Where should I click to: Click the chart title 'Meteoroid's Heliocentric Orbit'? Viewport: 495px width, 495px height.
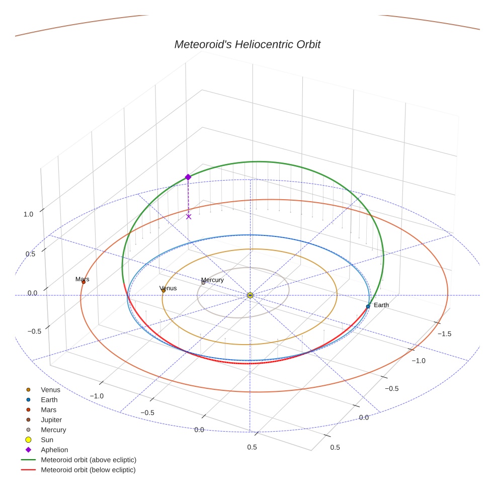tap(247, 44)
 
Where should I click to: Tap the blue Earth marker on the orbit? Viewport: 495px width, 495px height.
tap(368, 306)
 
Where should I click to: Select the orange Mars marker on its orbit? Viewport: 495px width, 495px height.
tap(84, 282)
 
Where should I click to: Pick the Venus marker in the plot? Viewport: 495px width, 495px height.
tap(163, 290)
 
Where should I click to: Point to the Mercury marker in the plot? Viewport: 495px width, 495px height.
tap(203, 283)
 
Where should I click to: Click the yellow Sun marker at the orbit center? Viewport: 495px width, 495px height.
tap(250, 295)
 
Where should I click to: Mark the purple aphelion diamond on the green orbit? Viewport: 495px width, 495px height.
tap(188, 177)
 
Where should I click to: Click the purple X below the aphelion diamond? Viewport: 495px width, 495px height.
tap(189, 217)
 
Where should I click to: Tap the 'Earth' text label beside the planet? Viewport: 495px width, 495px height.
tap(381, 305)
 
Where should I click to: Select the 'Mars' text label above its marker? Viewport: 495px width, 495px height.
tap(82, 279)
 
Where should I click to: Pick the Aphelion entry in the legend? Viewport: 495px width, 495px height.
tap(54, 450)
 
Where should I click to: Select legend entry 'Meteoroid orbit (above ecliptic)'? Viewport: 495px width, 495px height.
tap(88, 460)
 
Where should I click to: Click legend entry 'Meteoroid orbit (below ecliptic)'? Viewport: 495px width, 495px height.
tap(88, 470)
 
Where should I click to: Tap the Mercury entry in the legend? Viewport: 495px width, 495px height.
tap(53, 430)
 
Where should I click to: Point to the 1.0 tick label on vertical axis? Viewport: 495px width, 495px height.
tap(28, 214)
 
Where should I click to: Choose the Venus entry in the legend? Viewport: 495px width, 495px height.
tap(50, 389)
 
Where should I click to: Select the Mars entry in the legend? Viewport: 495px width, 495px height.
tap(49, 409)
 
